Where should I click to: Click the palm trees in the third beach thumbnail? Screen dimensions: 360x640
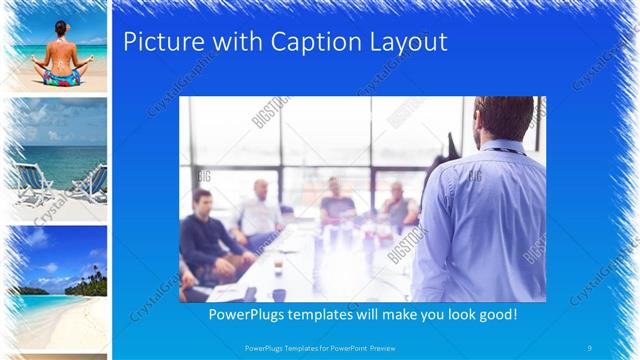(92, 276)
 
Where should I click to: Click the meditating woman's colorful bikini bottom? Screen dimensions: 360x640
(59, 76)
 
